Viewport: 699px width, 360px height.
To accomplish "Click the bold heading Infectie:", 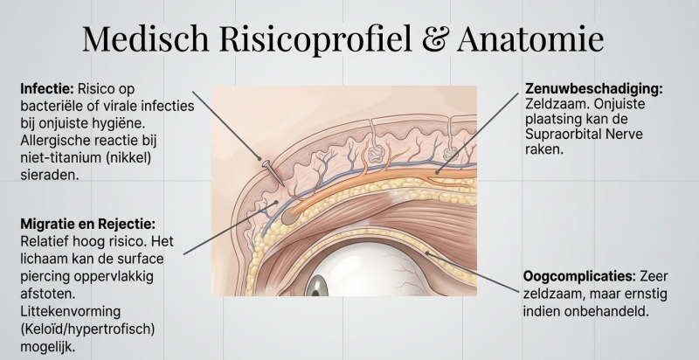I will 46,88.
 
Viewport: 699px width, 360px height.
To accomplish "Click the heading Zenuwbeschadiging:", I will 593,88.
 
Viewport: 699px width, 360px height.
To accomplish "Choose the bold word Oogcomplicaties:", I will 578,275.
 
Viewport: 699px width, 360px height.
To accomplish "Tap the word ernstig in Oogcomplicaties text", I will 649,293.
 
